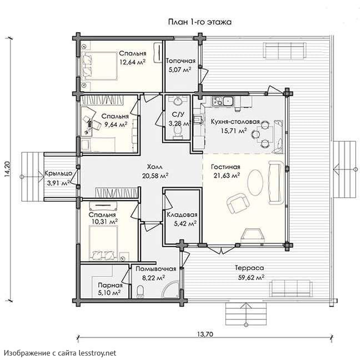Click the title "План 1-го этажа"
tap(200, 22)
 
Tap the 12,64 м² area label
tap(132, 62)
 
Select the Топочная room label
tap(180, 61)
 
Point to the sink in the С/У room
tap(177, 101)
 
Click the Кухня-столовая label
tap(235, 122)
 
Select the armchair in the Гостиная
tap(238, 203)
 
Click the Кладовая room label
tap(182, 214)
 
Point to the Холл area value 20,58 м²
tap(155, 176)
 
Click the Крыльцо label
tap(58, 173)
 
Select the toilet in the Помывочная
tap(140, 292)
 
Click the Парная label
tap(110, 286)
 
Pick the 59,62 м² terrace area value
tap(251, 277)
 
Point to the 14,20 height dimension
tap(7, 168)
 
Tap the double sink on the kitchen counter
tap(222, 101)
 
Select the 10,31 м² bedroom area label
tap(103, 222)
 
